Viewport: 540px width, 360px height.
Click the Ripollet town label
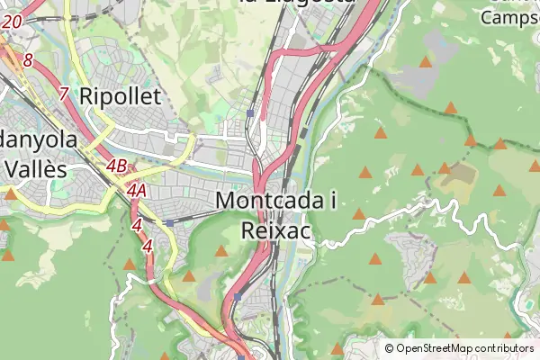tap(120, 96)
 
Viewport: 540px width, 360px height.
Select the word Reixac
tap(276, 230)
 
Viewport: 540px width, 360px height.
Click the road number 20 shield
tap(12, 21)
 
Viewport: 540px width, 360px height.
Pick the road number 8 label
tap(29, 61)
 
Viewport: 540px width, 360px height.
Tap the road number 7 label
tap(63, 93)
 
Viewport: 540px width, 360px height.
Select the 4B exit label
tap(116, 166)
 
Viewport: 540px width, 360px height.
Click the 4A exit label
tap(137, 190)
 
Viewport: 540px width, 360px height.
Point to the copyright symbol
tap(390, 348)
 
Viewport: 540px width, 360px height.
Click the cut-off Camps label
tap(510, 16)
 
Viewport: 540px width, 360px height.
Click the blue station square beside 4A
tap(169, 222)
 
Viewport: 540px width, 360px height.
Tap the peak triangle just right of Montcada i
tap(358, 214)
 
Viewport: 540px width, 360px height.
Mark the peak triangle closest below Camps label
tap(426, 62)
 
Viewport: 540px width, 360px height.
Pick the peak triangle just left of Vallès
tap(10, 193)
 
